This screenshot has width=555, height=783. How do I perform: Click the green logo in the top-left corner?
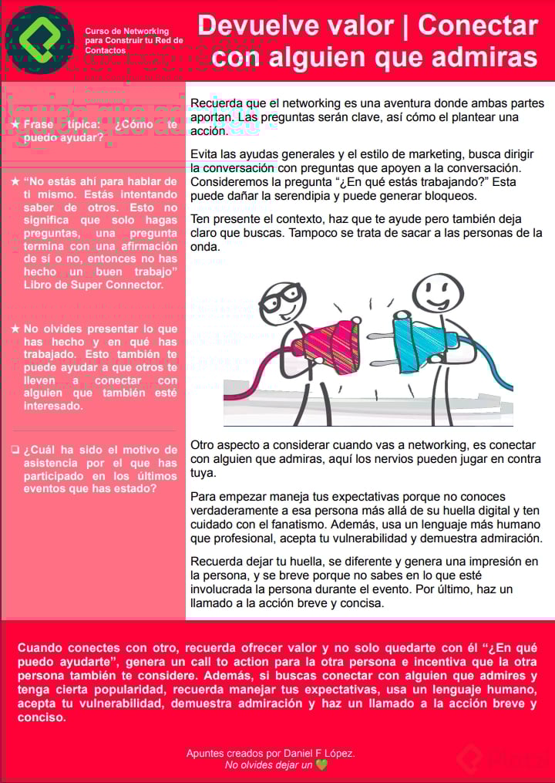39,39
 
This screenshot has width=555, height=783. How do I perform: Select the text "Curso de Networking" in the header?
126,32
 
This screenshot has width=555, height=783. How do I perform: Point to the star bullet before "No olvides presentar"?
15,328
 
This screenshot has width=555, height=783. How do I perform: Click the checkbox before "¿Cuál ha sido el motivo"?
15,449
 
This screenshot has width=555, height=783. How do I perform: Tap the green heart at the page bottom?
321,764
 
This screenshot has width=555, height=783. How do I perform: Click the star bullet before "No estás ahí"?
15,181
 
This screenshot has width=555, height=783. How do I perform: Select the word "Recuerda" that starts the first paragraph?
216,103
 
